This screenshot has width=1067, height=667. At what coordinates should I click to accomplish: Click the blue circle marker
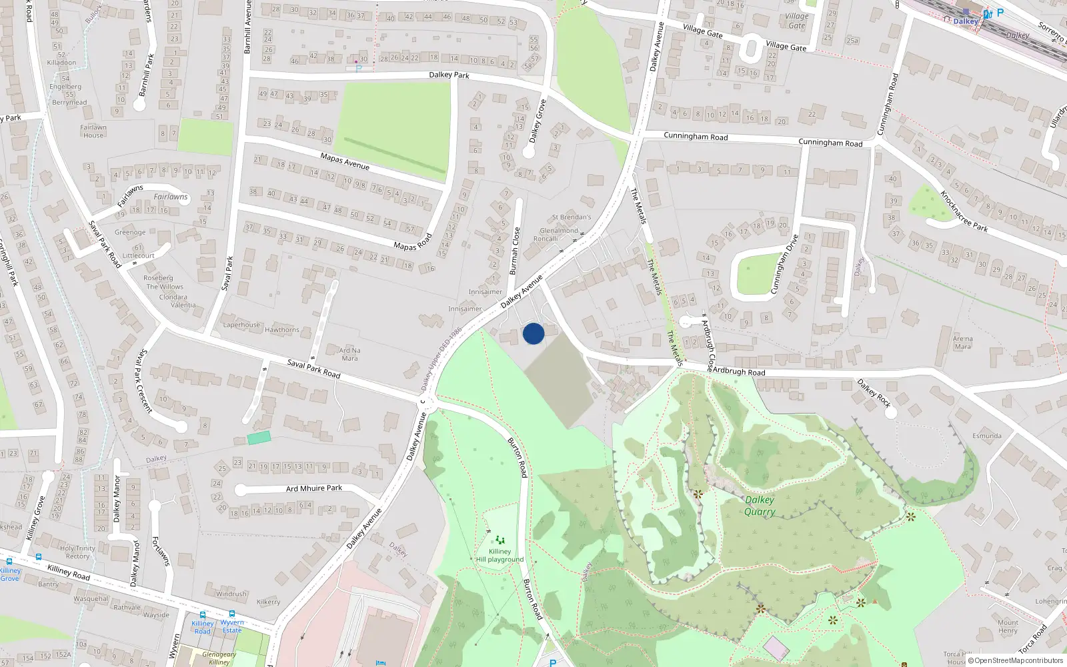pos(533,333)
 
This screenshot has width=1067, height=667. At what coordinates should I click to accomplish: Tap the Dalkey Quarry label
pos(760,506)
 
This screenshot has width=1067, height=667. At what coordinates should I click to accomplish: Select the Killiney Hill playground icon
pos(500,540)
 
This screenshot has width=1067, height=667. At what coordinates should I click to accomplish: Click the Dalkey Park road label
pos(449,75)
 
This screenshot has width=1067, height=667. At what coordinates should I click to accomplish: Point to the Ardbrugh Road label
pos(739,371)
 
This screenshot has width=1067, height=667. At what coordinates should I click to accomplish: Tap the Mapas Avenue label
pos(344,161)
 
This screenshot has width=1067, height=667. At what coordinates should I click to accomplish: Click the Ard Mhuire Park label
pos(313,488)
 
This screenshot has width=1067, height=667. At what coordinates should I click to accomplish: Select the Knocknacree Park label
pos(963,211)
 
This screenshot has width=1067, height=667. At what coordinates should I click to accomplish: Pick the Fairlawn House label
pos(93,131)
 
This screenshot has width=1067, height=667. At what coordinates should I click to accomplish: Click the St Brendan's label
pos(572,217)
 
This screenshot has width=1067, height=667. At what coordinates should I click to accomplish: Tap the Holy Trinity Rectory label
pos(77,552)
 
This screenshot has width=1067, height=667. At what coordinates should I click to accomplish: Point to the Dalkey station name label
pos(965,21)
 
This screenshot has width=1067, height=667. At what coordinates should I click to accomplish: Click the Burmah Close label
pos(514,250)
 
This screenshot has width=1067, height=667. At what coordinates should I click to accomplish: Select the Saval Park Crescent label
pos(143,380)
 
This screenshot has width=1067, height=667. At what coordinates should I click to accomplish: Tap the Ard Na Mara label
pos(349,354)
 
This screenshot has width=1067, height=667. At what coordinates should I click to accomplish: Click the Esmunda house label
pos(986,436)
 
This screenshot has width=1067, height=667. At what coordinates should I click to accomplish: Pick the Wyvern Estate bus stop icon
pos(231,614)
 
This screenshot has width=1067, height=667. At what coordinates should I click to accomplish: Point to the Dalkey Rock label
pos(874,393)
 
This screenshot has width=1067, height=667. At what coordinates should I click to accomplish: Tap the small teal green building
pos(259,438)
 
